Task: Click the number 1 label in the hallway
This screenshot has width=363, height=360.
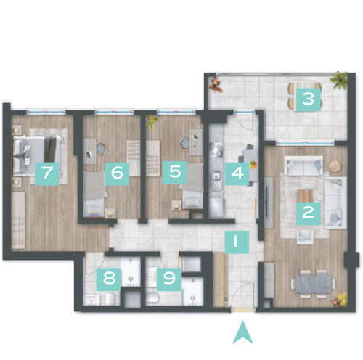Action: (x=237, y=242)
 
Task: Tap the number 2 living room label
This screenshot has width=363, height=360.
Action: (x=309, y=213)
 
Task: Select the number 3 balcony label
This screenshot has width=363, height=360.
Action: (x=309, y=99)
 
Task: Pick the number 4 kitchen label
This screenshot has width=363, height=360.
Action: (x=237, y=173)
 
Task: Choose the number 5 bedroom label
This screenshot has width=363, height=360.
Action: (x=174, y=173)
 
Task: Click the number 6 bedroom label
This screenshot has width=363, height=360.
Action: (x=117, y=173)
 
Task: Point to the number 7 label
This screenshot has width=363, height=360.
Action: (x=47, y=173)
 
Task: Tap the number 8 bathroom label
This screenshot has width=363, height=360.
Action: (x=108, y=279)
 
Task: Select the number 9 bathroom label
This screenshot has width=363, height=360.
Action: (x=168, y=279)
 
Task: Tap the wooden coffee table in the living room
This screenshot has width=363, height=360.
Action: (x=306, y=196)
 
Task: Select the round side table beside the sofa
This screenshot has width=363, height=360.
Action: (x=335, y=166)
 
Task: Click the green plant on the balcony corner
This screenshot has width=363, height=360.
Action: (x=340, y=79)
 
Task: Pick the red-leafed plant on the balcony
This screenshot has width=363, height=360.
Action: (x=216, y=84)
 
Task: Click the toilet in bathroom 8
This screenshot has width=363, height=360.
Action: (x=110, y=299)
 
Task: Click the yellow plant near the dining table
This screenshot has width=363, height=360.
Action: (x=340, y=300)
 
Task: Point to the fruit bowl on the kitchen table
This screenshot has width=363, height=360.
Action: (x=253, y=165)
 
